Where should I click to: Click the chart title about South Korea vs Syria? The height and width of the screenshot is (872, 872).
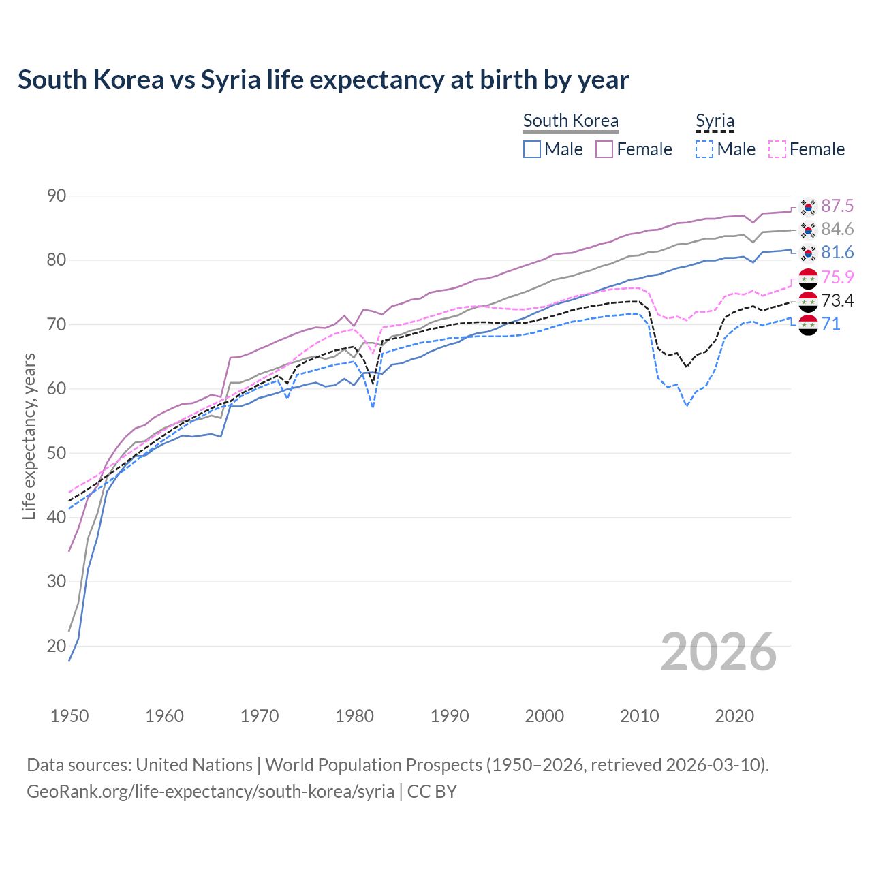[323, 80]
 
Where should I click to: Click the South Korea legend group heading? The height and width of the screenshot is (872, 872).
[570, 121]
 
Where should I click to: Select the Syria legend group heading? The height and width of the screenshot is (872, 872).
[715, 121]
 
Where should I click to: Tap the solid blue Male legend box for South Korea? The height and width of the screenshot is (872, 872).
[532, 149]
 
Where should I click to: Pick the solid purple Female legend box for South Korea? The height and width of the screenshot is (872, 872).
[604, 149]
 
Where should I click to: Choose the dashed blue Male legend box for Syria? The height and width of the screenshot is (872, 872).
[704, 149]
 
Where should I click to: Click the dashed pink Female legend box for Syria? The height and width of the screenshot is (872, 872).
[777, 149]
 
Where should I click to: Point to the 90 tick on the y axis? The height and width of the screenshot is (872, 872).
[57, 196]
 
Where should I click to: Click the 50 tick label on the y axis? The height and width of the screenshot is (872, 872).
[57, 453]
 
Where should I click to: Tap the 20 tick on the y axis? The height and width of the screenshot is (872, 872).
[57, 646]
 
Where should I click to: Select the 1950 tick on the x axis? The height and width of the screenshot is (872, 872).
[69, 716]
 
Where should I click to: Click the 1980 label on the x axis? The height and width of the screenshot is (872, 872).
[354, 716]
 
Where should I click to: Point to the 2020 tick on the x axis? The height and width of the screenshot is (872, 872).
[734, 716]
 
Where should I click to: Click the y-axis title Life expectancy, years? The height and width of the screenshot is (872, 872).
[29, 436]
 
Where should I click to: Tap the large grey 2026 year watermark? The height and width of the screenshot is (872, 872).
[718, 652]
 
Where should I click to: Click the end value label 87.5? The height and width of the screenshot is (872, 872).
[837, 206]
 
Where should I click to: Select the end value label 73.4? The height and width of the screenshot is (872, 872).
[837, 300]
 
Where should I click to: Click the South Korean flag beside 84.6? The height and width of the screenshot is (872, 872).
[808, 230]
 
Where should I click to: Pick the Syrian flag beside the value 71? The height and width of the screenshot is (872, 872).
[808, 325]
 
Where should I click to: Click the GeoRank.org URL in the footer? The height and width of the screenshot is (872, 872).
[211, 792]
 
